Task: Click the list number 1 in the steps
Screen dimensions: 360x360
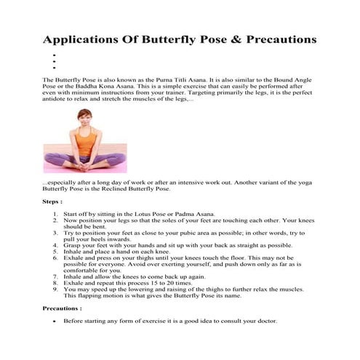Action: click(56, 215)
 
